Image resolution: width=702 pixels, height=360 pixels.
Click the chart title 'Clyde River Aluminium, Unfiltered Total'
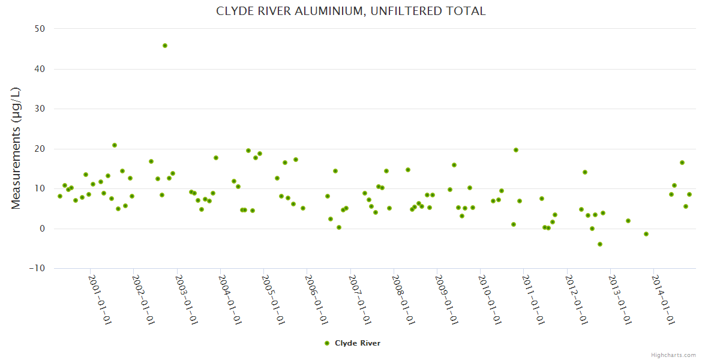tap(350, 11)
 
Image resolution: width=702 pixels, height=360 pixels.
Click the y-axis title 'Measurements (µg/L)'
tap(16, 148)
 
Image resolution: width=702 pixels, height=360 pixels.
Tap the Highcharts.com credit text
tap(673, 355)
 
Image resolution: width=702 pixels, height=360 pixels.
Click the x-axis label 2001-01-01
tap(100, 299)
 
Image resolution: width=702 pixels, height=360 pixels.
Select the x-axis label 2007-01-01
tap(360, 299)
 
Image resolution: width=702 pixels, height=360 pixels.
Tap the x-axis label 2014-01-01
tap(663, 299)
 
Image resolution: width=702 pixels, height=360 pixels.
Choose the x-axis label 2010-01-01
tap(490, 299)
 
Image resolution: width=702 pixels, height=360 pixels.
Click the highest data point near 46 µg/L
tap(165, 46)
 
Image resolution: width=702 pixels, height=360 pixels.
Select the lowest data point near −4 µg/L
tap(599, 244)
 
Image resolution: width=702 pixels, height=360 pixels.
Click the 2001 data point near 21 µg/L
tap(115, 145)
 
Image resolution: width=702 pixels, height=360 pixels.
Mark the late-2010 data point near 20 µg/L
tap(516, 150)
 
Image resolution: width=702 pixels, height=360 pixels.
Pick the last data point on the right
tap(689, 194)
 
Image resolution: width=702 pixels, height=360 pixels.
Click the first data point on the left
tap(60, 196)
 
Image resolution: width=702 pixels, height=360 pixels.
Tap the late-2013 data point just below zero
tap(646, 234)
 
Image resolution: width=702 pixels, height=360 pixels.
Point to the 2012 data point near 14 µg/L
tap(585, 172)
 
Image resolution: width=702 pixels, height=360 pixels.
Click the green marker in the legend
tap(327, 343)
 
